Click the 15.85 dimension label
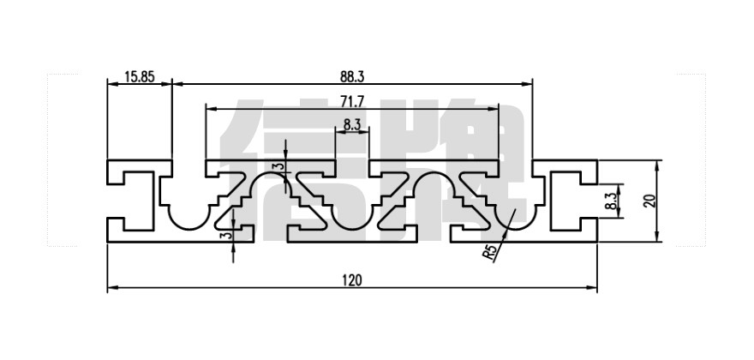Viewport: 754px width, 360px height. (139, 77)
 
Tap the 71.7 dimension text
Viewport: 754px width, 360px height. (352, 101)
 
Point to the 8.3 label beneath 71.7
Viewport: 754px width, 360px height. (351, 124)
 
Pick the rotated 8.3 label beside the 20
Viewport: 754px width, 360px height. (610, 202)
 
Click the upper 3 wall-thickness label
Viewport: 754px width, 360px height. (276, 167)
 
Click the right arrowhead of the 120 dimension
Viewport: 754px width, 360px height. (593, 289)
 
